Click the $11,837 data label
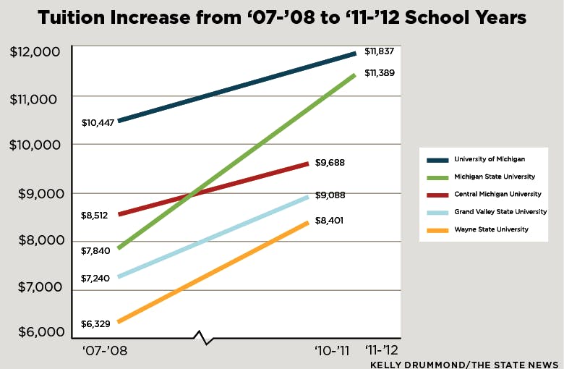(x=380, y=51)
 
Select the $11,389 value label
(x=380, y=73)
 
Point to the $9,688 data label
(x=330, y=163)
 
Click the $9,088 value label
(x=330, y=195)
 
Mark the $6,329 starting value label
(x=96, y=324)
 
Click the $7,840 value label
(x=96, y=250)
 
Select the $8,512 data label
(x=96, y=215)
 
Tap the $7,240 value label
(x=96, y=278)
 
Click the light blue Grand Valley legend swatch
(x=437, y=212)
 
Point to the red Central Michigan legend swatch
(x=437, y=195)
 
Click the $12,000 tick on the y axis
(x=35, y=53)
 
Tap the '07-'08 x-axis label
(x=106, y=351)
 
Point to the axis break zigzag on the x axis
(x=202, y=337)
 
